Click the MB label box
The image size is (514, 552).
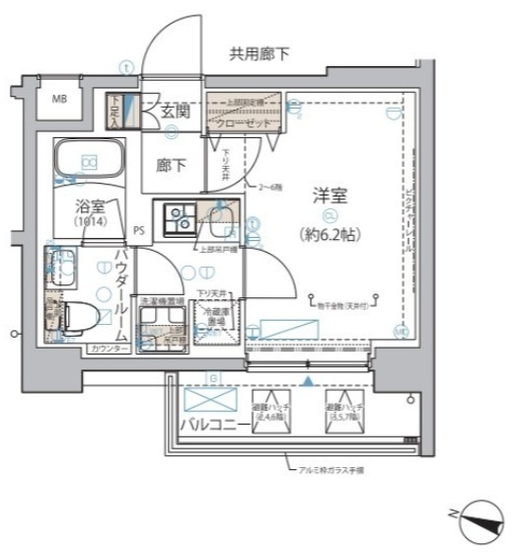(x=60, y=99)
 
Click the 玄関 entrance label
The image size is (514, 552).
(x=177, y=112)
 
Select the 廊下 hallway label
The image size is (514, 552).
(x=171, y=165)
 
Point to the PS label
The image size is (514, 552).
(x=141, y=233)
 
